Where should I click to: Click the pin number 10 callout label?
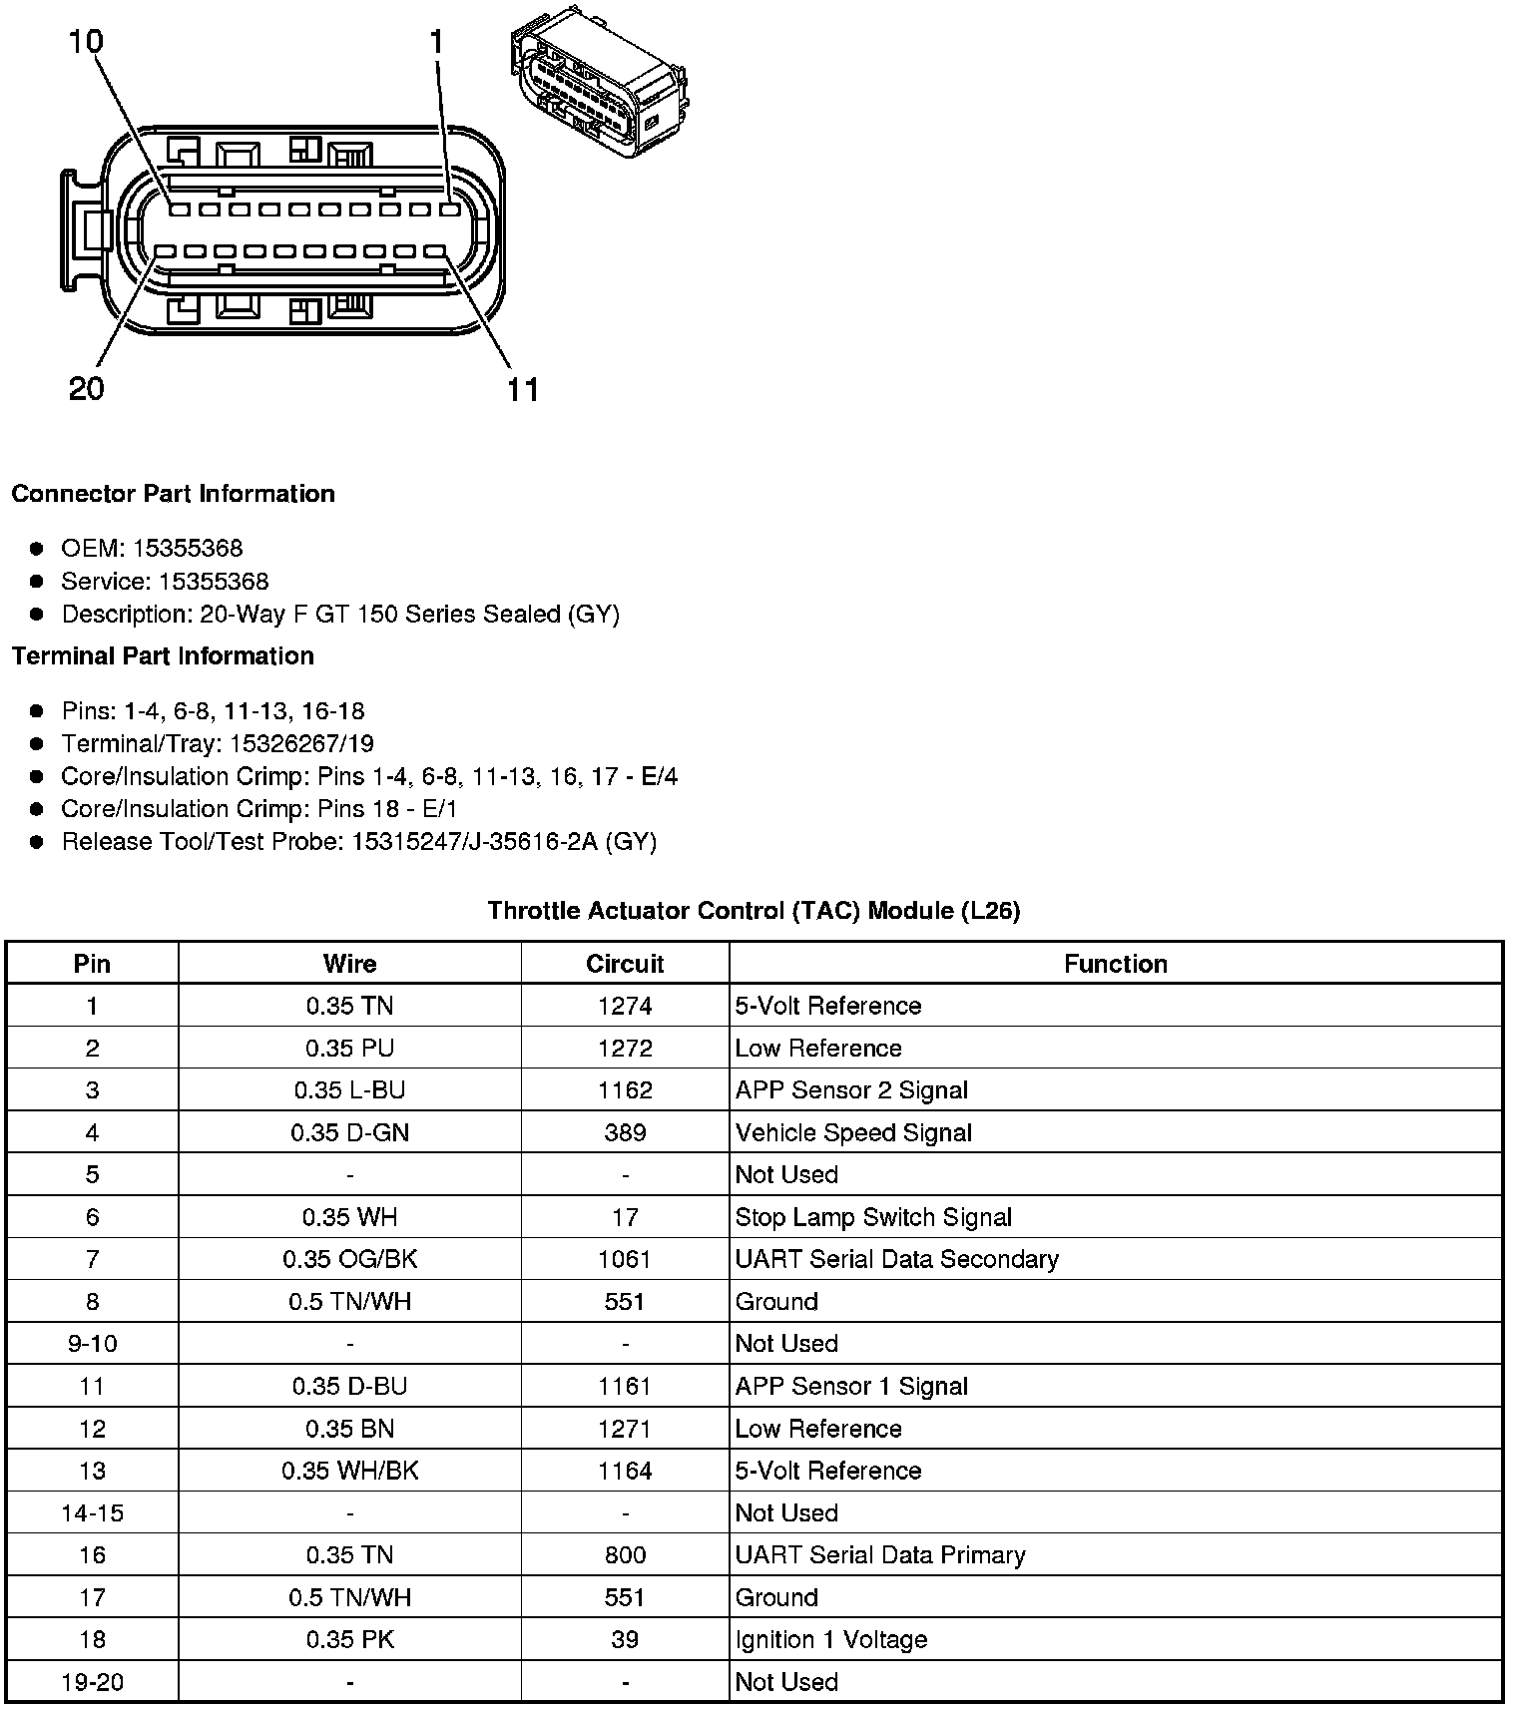pyautogui.click(x=86, y=41)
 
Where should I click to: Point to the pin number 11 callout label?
pyautogui.click(x=522, y=389)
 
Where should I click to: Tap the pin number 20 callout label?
pyautogui.click(x=87, y=388)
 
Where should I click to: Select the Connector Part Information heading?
pyautogui.click(x=173, y=494)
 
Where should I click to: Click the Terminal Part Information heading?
pyautogui.click(x=163, y=656)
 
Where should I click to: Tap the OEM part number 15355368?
pyautogui.click(x=188, y=548)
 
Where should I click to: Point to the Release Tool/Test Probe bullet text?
pyautogui.click(x=359, y=842)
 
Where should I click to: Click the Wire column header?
pyautogui.click(x=349, y=964)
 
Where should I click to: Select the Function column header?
pyautogui.click(x=1115, y=964)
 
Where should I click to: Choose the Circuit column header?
pyautogui.click(x=625, y=964)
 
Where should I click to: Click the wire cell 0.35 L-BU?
pyautogui.click(x=349, y=1090)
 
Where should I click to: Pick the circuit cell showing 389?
pyautogui.click(x=625, y=1132)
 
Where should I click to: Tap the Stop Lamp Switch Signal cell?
pyautogui.click(x=873, y=1217)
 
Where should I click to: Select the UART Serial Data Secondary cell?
pyautogui.click(x=896, y=1259)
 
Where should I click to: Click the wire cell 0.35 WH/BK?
pyautogui.click(x=349, y=1471)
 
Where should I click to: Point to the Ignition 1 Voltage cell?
pyautogui.click(x=830, y=1640)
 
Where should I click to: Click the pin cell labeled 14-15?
pyautogui.click(x=92, y=1513)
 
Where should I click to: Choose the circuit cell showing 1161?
pyautogui.click(x=625, y=1386)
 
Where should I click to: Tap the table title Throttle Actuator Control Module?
pyautogui.click(x=754, y=910)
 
